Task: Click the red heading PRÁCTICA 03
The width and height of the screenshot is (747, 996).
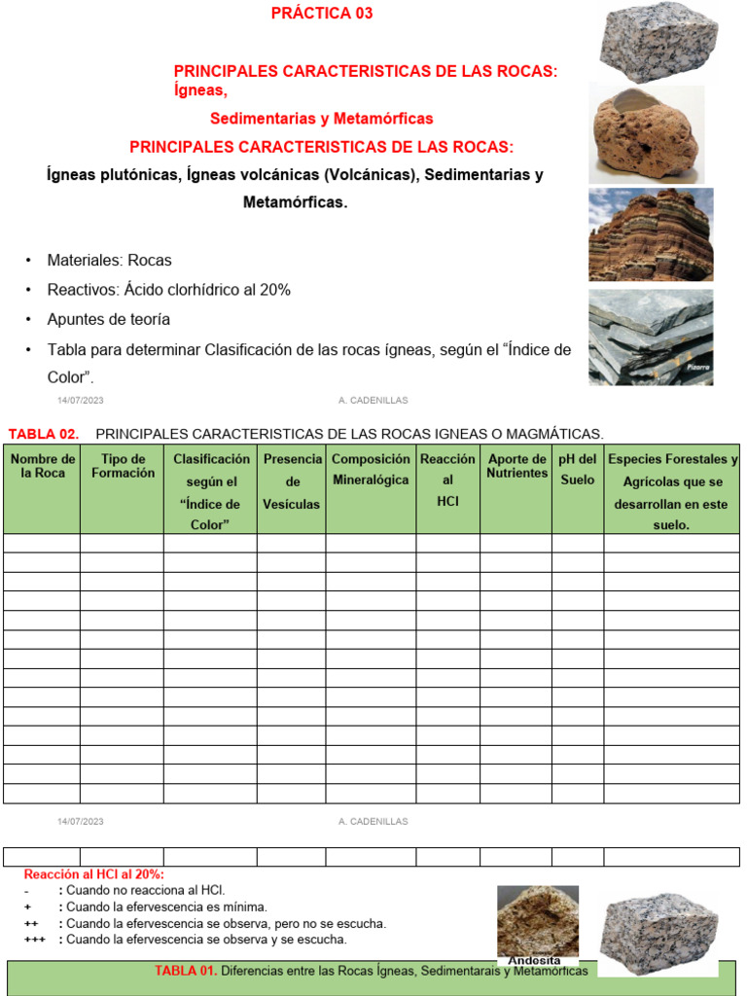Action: click(x=321, y=14)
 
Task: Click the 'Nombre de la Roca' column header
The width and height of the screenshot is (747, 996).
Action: click(x=43, y=466)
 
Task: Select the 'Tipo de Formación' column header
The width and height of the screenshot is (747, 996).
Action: click(x=123, y=466)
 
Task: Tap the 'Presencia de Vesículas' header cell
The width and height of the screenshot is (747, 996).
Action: click(x=292, y=481)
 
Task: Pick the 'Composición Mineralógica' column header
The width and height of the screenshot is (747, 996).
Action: click(x=371, y=469)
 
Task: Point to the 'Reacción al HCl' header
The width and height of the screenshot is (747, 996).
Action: click(x=447, y=480)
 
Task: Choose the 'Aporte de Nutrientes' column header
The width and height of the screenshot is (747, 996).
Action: click(x=517, y=466)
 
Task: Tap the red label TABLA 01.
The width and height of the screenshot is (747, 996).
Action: click(x=186, y=971)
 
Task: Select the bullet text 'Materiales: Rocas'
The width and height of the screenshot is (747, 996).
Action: click(x=109, y=261)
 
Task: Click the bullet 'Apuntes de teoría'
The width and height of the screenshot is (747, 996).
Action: click(x=109, y=319)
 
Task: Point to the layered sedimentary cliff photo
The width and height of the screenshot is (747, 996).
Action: click(x=651, y=234)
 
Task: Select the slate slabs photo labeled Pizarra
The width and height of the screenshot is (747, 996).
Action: click(x=651, y=337)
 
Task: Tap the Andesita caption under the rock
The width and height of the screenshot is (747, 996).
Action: click(x=534, y=961)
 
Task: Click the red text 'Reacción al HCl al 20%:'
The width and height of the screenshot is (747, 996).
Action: click(x=94, y=874)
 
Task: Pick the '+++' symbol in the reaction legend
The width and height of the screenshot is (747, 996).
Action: click(x=35, y=940)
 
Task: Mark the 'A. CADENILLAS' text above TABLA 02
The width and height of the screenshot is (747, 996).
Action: click(x=373, y=400)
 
